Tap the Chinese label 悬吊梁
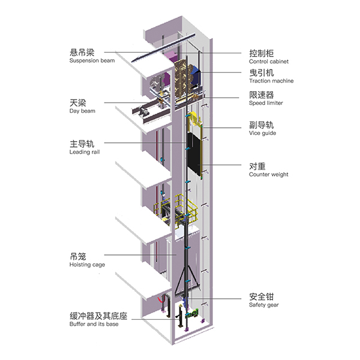(x=82, y=52)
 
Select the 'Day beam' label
(x=82, y=111)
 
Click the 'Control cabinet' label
(x=268, y=61)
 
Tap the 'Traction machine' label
(x=271, y=81)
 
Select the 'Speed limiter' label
(x=266, y=103)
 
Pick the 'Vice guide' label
(x=262, y=134)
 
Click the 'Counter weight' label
(x=268, y=175)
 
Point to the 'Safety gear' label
(x=264, y=305)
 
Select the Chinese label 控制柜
(x=262, y=52)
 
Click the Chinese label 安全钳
(x=262, y=296)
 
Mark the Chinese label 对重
(x=257, y=166)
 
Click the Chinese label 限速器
(x=262, y=94)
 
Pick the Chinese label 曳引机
(x=262, y=72)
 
